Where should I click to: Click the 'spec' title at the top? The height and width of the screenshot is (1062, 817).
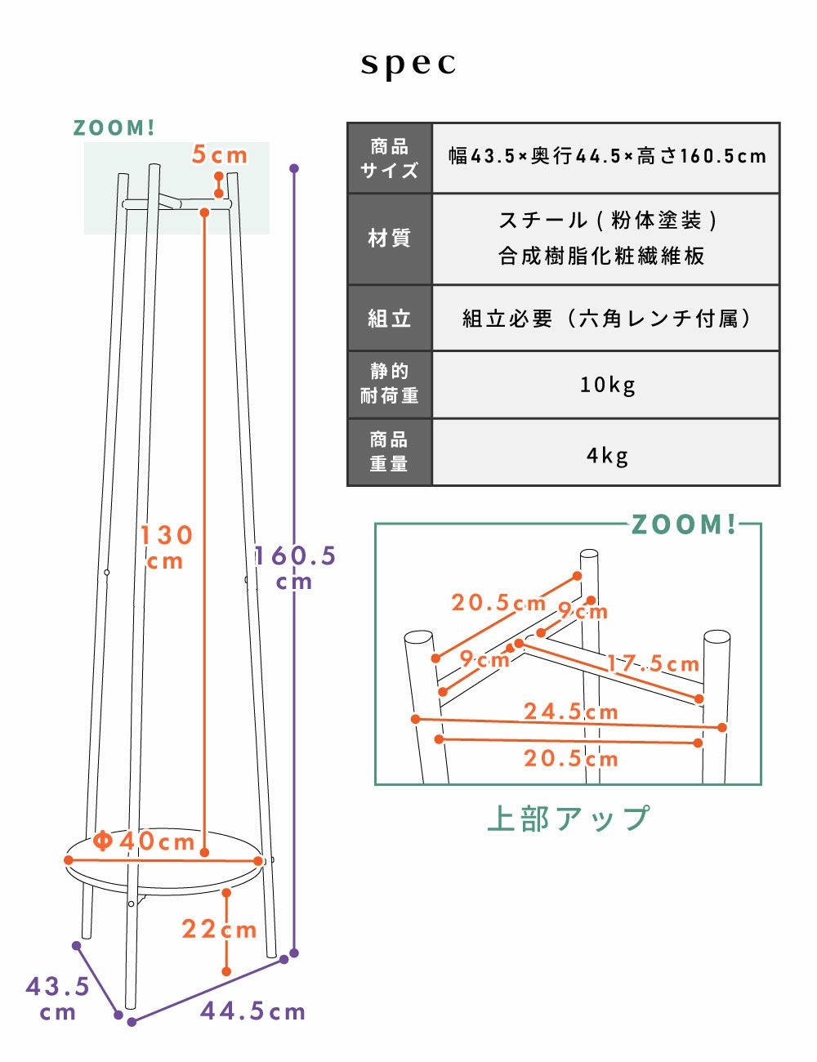[x=408, y=64]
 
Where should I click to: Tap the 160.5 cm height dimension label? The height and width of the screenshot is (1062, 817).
[x=295, y=569]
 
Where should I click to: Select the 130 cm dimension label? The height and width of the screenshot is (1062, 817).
[x=166, y=547]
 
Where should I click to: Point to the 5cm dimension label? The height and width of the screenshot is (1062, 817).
[x=220, y=155]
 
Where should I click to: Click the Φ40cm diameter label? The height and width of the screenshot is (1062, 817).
[x=144, y=841]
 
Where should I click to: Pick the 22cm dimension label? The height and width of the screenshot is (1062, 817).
[x=220, y=930]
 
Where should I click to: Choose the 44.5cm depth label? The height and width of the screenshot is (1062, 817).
[x=253, y=1011]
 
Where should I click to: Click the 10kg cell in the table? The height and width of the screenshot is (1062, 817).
[x=606, y=385]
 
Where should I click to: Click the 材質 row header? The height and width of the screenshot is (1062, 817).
[x=390, y=239]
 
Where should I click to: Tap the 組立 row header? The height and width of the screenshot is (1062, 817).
[x=390, y=318]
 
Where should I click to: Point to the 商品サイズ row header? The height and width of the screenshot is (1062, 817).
[x=390, y=158]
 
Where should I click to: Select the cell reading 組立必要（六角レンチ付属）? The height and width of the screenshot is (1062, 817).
[x=606, y=318]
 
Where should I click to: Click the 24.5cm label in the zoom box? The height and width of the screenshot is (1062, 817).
[x=571, y=711]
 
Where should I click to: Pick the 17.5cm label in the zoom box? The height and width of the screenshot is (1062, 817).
[x=653, y=663]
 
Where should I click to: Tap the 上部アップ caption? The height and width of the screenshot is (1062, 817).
[x=569, y=819]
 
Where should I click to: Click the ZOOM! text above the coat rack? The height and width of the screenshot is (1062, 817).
[x=114, y=128]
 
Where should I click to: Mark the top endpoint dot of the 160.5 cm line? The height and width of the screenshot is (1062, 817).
[x=294, y=168]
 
